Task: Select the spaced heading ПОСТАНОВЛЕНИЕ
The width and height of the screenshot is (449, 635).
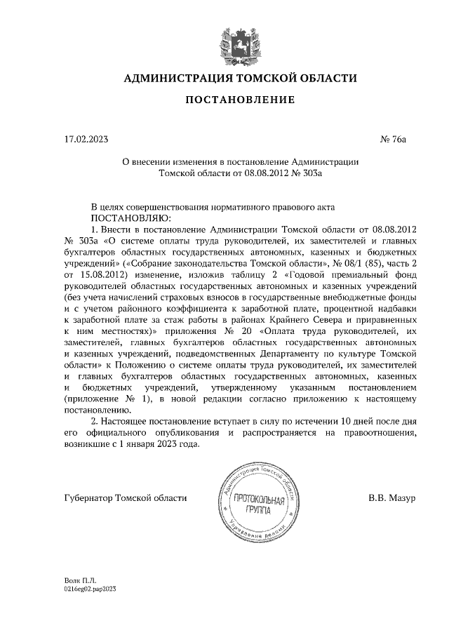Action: [239, 101]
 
